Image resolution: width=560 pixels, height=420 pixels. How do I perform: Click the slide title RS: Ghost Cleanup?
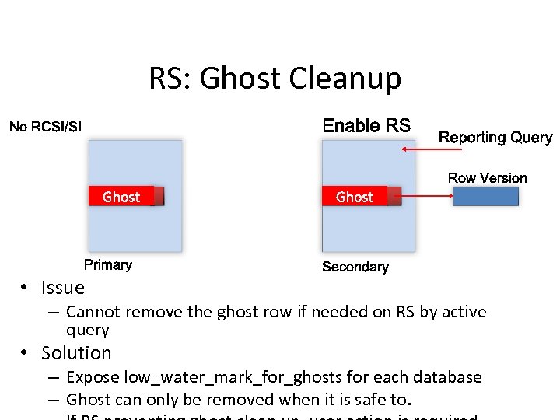275,79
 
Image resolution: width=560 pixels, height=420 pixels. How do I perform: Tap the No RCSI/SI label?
45,127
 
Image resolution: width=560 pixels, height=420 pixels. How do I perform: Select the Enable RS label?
366,126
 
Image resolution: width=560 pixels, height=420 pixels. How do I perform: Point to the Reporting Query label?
495,138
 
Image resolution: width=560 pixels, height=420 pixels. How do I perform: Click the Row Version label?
487,178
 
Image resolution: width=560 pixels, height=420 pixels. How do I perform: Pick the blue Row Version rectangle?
485,197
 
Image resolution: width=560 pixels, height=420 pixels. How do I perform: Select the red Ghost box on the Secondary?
360,197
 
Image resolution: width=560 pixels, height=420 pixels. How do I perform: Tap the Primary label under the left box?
108,265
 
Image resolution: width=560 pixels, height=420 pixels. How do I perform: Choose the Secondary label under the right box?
355,267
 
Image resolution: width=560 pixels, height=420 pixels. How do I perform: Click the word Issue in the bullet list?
63,288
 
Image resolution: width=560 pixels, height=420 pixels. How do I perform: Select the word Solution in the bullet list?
76,353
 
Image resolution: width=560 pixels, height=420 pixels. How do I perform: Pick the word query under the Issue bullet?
87,329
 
